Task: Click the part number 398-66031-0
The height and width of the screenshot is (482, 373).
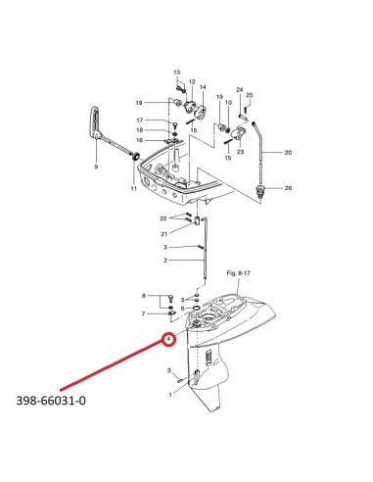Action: point(51,400)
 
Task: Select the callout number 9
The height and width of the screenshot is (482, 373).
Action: point(96,167)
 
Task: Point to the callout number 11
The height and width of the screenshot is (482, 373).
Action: point(134,188)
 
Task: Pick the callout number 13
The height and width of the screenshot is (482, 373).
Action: point(176,72)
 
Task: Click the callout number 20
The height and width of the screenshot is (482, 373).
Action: point(288,152)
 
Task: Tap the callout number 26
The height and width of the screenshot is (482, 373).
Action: point(288,188)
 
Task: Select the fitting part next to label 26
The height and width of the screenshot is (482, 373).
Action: point(260,190)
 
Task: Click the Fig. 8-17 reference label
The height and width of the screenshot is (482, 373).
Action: point(239,272)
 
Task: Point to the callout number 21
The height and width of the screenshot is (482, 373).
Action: point(163,234)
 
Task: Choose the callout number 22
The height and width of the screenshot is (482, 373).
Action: point(163,218)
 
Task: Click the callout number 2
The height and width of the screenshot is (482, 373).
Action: point(165,261)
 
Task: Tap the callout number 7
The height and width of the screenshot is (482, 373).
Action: point(143,313)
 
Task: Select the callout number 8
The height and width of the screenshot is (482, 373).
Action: point(144,296)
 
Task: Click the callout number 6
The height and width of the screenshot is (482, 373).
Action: point(183,309)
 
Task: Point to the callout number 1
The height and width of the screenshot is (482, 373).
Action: point(170,395)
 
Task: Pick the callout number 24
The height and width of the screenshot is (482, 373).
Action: point(240,89)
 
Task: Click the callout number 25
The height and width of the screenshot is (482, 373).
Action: point(250,95)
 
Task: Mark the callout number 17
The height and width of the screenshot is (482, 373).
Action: point(140,120)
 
